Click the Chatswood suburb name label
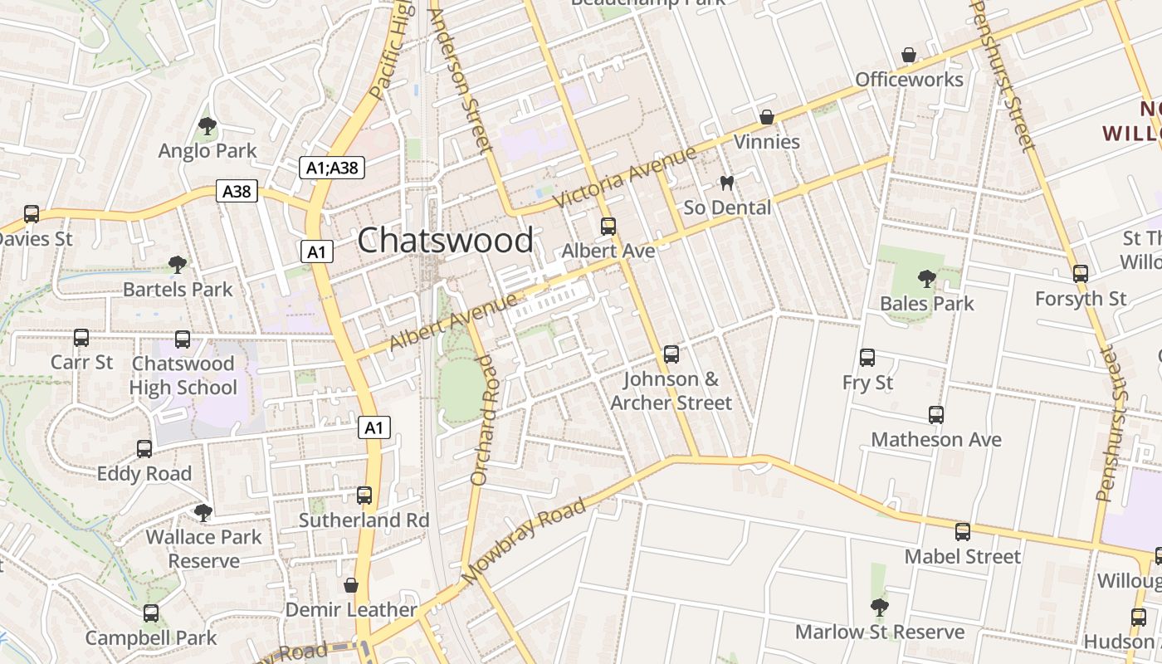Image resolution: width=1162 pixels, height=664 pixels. coord(446,241)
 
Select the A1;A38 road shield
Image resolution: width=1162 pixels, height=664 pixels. coord(332,168)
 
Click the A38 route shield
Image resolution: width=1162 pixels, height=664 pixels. coord(237,192)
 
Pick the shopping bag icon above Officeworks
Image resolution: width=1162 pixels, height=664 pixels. coord(909,56)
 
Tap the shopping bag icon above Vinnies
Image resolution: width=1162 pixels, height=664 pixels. coord(767,117)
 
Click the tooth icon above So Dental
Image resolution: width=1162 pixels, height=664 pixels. coord(727,183)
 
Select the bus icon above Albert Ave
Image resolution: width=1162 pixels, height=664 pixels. coord(608,226)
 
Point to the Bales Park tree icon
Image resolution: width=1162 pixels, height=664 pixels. coord(926,279)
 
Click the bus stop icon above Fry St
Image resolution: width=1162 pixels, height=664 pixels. coord(867,358)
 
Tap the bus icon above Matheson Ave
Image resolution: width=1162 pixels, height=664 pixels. coord(936,414)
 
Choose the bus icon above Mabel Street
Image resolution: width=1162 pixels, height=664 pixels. coord(963,531)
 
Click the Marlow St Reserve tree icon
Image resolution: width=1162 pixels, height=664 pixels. coord(880,608)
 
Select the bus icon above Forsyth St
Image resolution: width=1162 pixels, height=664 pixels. coord(1080,273)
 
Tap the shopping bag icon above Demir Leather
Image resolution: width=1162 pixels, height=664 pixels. coord(351,585)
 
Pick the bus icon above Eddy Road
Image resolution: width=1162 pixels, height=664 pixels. coord(144,449)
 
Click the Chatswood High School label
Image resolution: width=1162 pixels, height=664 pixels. coord(183,376)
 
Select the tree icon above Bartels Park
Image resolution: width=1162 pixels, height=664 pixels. coord(177,265)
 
